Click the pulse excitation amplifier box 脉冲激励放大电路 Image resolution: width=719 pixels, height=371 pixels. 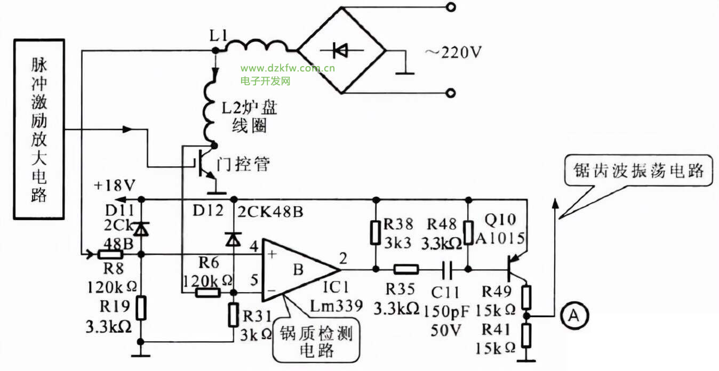[39, 129]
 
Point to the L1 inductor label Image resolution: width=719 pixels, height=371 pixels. [219, 37]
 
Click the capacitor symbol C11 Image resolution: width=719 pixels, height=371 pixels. [449, 269]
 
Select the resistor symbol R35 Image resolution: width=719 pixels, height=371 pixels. [406, 269]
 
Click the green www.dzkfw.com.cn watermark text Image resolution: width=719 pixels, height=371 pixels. [287, 68]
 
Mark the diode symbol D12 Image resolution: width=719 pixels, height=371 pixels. [233, 240]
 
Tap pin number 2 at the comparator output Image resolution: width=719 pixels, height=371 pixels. [342, 259]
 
